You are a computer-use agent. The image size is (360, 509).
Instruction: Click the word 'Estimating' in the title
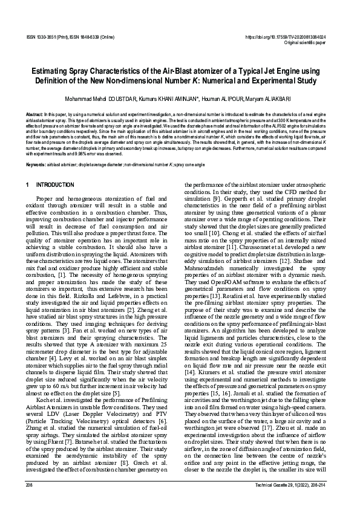coord(52,71)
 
